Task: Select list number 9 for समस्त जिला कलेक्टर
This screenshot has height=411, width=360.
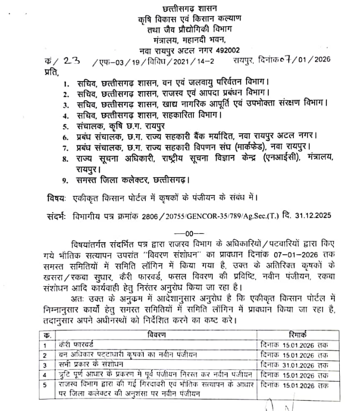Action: click(66, 181)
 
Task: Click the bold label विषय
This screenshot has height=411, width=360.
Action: click(57, 197)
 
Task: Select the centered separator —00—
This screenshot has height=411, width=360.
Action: click(186, 232)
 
